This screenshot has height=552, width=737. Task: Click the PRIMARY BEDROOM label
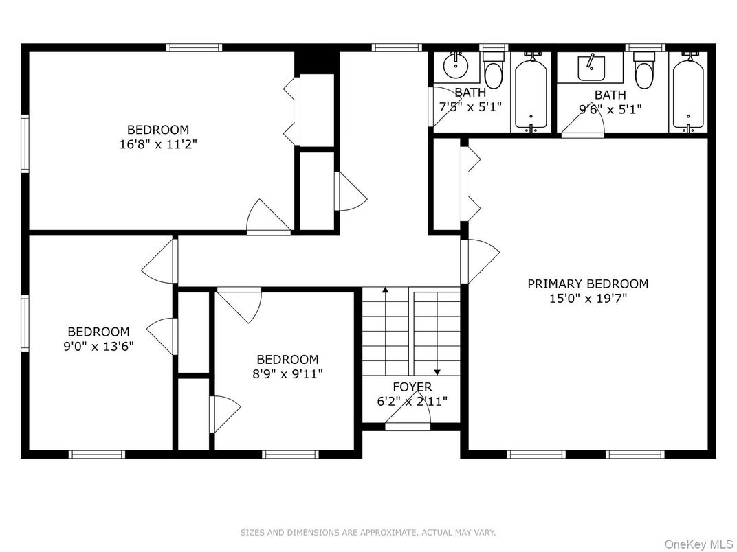[x=587, y=284]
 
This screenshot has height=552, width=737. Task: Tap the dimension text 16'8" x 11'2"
[x=157, y=144]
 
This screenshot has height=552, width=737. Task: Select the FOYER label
[x=412, y=387]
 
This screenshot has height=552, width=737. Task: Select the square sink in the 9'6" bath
[x=590, y=67]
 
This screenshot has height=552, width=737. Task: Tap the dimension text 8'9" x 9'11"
[x=287, y=374]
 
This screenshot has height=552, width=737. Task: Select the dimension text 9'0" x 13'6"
[x=98, y=346]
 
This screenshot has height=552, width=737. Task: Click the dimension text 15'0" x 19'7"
[x=587, y=299]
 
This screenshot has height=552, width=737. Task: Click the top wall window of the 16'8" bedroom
[x=195, y=48]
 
